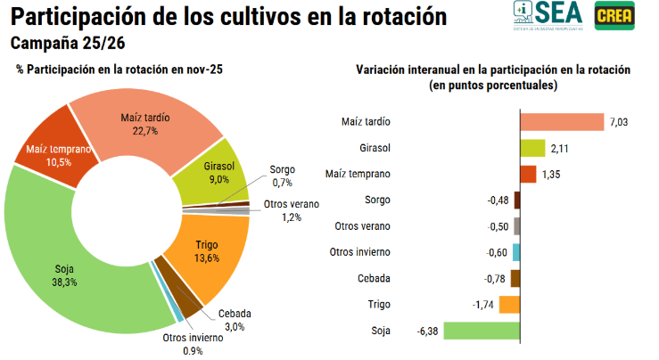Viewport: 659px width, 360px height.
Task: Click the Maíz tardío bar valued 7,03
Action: point(562,122)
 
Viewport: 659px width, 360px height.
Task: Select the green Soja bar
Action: point(482,331)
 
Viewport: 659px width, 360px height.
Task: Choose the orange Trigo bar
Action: point(509,305)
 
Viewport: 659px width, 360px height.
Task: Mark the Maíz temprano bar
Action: point(527,174)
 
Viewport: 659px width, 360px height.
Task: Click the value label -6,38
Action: point(427,331)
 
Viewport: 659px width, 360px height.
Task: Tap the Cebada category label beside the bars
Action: point(374,278)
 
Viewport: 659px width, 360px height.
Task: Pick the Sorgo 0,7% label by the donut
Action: point(283,176)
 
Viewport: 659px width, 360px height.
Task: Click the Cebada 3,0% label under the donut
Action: point(235,320)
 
